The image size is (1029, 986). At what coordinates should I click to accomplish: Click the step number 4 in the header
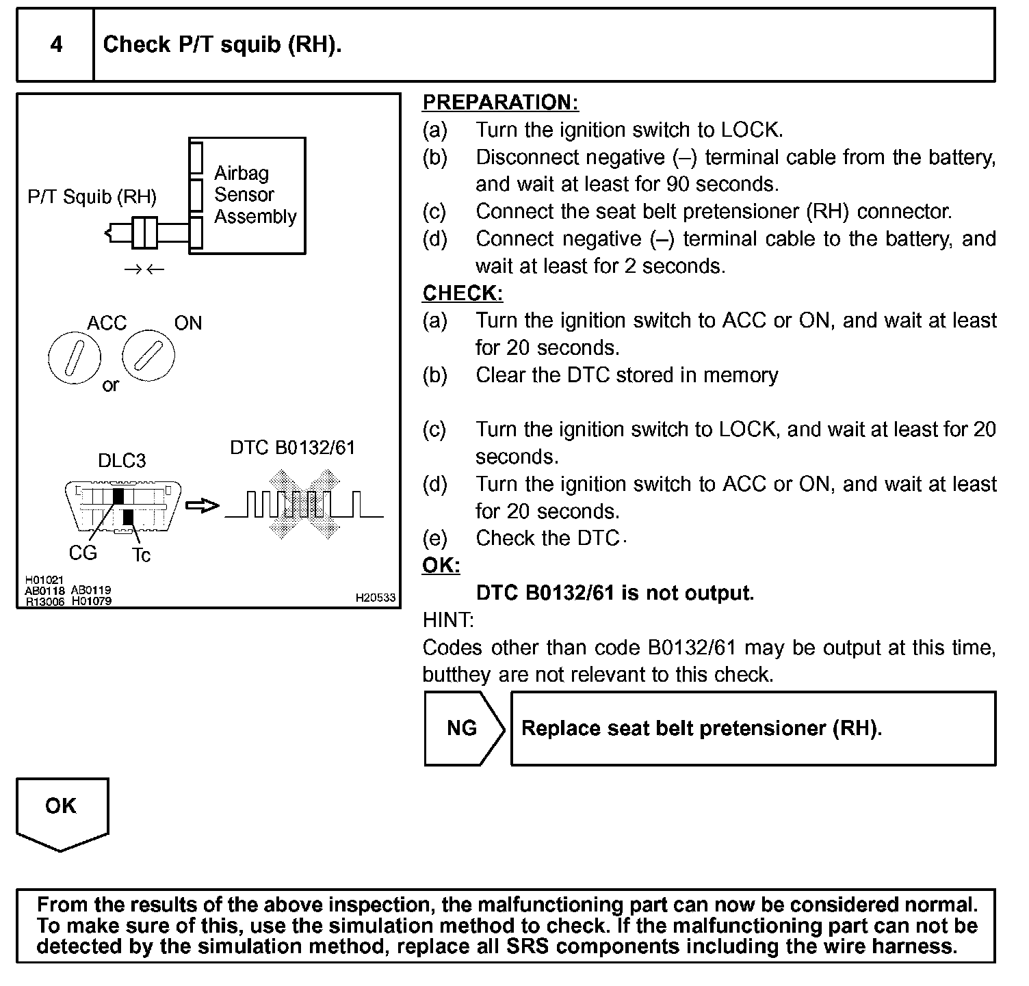(x=56, y=44)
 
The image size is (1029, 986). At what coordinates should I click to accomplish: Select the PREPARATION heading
(x=500, y=103)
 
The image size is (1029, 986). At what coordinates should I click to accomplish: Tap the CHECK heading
(x=463, y=293)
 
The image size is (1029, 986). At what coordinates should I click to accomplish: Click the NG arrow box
(x=463, y=728)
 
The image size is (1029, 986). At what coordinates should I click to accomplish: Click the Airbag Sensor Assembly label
(x=255, y=195)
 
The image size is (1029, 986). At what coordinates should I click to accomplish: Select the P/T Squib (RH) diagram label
(x=92, y=197)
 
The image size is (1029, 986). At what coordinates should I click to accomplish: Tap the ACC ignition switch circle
(x=74, y=357)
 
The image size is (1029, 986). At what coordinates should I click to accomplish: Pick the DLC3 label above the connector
(x=122, y=461)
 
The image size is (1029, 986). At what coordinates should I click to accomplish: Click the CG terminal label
(x=83, y=552)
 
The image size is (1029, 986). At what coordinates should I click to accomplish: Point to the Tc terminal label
(x=141, y=555)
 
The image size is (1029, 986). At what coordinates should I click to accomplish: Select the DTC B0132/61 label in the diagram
(x=293, y=448)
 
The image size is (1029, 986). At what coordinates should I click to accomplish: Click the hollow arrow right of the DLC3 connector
(x=203, y=506)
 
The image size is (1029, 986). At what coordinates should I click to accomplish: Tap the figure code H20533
(x=375, y=598)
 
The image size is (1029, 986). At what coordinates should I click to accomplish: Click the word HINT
(x=448, y=620)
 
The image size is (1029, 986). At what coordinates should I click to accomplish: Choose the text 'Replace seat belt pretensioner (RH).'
(x=701, y=728)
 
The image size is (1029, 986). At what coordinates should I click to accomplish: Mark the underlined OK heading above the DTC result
(x=441, y=565)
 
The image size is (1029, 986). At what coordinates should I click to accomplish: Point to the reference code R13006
(x=44, y=602)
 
